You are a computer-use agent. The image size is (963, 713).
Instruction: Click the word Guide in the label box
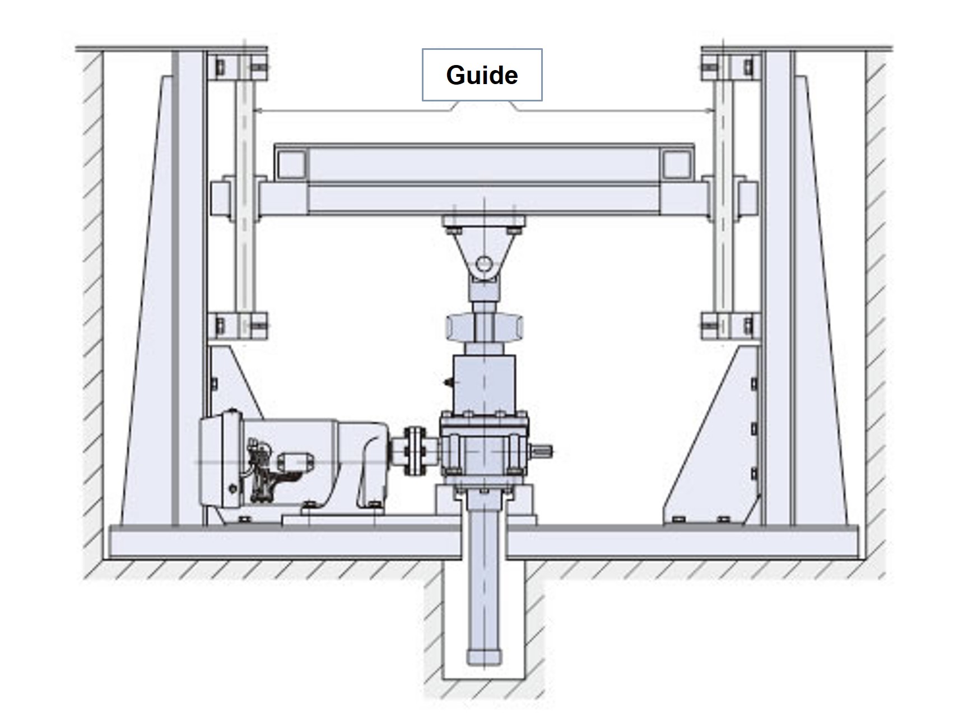[482, 75]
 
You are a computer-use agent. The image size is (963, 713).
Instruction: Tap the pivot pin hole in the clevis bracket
[485, 263]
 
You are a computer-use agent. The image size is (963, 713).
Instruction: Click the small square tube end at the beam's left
[291, 163]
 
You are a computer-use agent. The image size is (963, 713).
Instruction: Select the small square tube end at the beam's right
[676, 163]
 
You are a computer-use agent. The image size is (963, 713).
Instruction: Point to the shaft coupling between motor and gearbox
[415, 451]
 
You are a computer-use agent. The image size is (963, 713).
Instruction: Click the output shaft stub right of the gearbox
[543, 449]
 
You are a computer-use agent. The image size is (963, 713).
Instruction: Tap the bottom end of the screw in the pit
[483, 656]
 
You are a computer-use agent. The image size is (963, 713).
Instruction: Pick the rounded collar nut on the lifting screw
[485, 327]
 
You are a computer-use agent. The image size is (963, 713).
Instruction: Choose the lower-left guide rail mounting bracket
[237, 326]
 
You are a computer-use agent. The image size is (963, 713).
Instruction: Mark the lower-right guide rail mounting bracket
[729, 326]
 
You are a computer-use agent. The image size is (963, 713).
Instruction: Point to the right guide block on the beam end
[745, 198]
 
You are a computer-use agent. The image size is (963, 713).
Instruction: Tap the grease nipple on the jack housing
[448, 383]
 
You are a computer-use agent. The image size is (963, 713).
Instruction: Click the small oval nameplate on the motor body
[296, 461]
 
